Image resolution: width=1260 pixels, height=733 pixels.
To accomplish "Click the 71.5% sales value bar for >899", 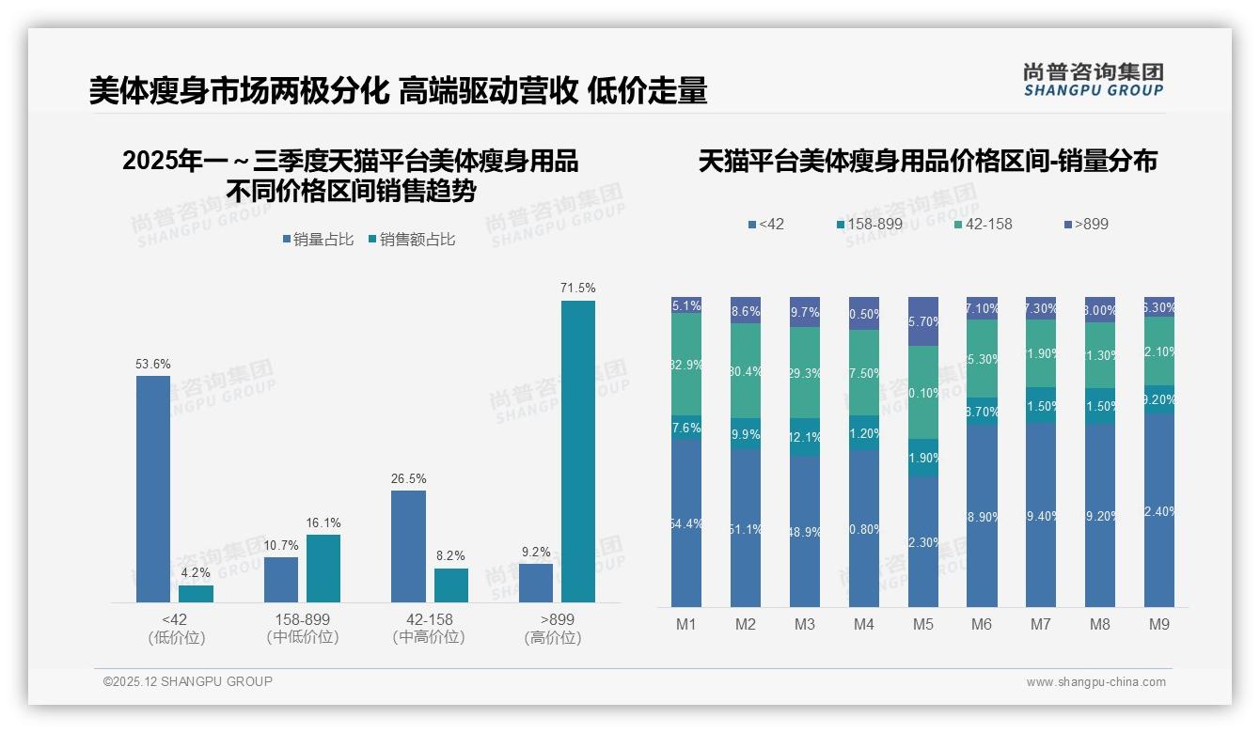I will (578, 451).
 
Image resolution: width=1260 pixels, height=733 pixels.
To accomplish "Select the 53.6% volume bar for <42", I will (153, 489).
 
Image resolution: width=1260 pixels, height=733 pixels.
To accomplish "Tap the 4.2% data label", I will (196, 572).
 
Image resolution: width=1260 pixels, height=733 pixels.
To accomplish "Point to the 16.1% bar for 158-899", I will (323, 569).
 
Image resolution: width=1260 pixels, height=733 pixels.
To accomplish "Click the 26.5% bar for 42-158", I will (408, 546).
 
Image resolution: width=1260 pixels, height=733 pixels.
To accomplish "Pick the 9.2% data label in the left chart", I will (535, 552).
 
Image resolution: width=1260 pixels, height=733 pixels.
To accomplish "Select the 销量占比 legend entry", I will (318, 240).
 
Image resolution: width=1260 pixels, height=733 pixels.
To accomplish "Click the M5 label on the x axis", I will (922, 624).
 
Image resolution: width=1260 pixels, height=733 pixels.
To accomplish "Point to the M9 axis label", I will (1158, 624).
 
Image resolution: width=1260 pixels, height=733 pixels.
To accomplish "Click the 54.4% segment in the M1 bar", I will (686, 523).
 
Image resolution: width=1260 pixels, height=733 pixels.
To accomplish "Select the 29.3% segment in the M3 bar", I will (804, 372).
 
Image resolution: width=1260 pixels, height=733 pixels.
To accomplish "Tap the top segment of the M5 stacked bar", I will (922, 321).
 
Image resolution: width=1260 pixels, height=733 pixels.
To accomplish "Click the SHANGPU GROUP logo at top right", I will (1093, 80).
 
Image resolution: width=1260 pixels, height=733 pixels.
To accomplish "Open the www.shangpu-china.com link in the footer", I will (1095, 682).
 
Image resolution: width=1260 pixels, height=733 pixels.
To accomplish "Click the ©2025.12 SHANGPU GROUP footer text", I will (188, 681).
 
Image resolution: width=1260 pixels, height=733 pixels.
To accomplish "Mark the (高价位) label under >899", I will (553, 637).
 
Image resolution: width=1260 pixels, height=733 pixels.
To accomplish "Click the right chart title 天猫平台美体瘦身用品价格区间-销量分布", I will (927, 162).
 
